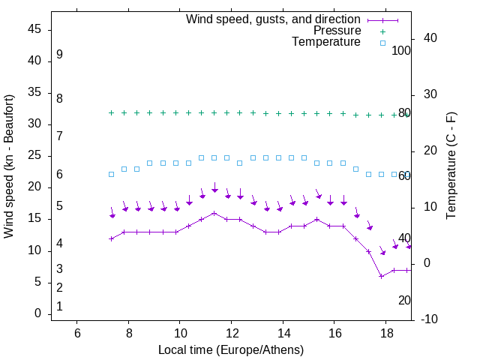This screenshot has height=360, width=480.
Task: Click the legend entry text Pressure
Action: (x=337, y=31)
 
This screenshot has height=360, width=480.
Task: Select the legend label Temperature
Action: (x=326, y=43)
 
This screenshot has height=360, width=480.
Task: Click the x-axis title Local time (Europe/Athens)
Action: (x=231, y=350)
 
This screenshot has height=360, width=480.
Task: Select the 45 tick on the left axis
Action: (x=34, y=30)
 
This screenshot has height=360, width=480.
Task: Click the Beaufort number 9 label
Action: (x=59, y=55)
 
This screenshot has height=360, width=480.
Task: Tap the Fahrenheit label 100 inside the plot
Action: (x=401, y=50)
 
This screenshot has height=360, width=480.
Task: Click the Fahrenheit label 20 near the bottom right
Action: (x=404, y=300)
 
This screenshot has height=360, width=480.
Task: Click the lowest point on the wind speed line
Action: (x=381, y=276)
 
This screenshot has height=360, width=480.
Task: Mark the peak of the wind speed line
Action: (x=214, y=213)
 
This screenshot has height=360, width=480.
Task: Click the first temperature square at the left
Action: (x=111, y=174)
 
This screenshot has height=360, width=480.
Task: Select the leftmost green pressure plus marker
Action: (x=111, y=112)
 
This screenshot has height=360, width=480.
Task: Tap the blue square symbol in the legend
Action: (x=382, y=43)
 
